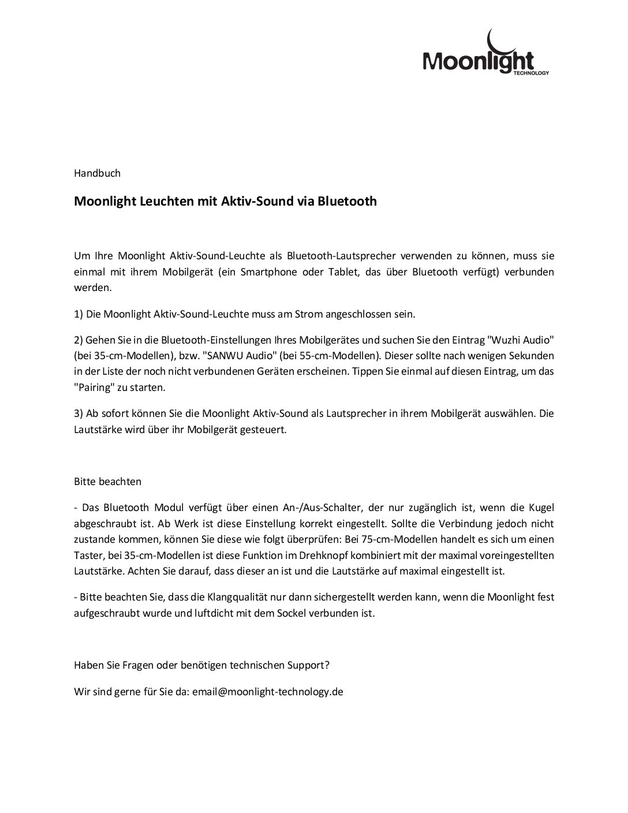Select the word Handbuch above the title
(97, 173)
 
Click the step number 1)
(79, 315)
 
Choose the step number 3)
(79, 413)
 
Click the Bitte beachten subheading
(107, 481)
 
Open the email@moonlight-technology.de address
(268, 692)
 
